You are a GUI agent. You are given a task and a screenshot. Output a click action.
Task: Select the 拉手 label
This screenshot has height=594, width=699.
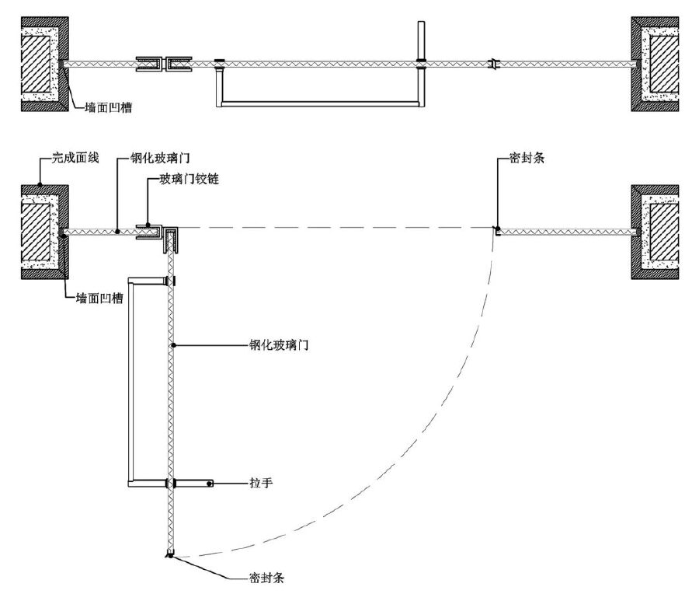coord(261,483)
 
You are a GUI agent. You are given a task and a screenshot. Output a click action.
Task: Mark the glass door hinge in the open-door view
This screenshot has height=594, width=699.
coord(160,232)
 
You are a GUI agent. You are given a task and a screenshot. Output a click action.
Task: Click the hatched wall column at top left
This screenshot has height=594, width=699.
coord(37,65)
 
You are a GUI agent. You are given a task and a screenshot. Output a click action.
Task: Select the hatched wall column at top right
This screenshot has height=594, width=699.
coord(662,65)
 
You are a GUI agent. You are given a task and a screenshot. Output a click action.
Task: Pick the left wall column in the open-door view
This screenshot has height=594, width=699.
coord(37,232)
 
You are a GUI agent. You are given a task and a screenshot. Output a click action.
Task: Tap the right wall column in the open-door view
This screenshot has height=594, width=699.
coord(662,232)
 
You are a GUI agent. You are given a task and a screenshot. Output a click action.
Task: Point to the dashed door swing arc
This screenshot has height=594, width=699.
coord(435,435)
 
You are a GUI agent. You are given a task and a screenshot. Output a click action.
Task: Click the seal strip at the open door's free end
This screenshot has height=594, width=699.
coord(169,554)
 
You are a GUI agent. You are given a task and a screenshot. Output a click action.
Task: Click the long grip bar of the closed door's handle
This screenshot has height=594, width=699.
coord(318,103)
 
